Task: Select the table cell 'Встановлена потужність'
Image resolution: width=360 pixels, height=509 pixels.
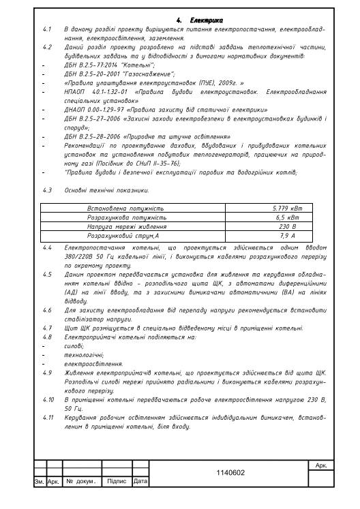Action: (x=126, y=208)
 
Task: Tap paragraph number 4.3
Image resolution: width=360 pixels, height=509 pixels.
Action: (x=47, y=191)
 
